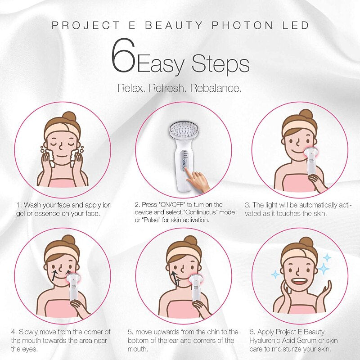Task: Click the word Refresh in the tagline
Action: [168, 88]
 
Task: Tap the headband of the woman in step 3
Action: [299, 130]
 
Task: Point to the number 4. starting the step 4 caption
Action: [14, 332]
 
